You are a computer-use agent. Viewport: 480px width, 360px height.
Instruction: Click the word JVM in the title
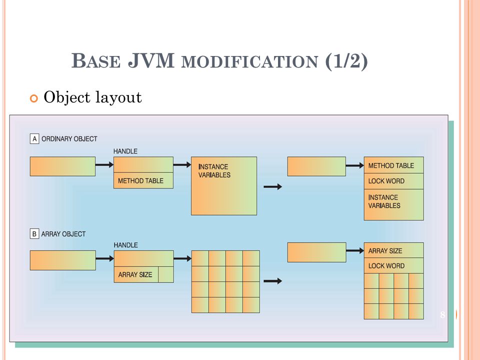coord(151,60)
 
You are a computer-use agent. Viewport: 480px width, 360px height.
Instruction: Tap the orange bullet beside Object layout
coord(33,98)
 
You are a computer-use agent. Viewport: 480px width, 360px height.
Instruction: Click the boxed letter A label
coord(34,139)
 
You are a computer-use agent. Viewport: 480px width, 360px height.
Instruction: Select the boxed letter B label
coord(34,234)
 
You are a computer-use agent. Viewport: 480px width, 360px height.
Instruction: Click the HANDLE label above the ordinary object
coord(125,151)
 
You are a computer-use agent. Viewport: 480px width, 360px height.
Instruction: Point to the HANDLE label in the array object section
coord(125,245)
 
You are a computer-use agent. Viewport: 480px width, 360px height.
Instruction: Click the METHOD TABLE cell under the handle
coord(143,180)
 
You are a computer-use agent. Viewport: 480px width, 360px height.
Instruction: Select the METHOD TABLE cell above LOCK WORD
coord(393,165)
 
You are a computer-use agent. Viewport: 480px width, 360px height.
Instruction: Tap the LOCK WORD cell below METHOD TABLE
coord(393,181)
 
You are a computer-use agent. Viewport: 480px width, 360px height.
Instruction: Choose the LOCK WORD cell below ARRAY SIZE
coord(393,265)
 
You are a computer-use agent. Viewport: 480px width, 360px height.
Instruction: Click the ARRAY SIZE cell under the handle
coord(136,274)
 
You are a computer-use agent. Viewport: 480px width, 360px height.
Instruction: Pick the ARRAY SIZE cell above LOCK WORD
coord(393,250)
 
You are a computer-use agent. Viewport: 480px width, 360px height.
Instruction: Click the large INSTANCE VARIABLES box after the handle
coord(224,186)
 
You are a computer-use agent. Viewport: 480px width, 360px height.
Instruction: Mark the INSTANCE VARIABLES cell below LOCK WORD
coord(393,205)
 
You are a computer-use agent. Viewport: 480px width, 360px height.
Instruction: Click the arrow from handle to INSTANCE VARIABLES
coord(182,165)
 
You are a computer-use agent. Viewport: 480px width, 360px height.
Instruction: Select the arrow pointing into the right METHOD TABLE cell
coord(355,165)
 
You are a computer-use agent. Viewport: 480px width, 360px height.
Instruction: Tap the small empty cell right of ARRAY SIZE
coord(166,274)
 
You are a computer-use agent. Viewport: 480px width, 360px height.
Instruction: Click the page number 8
coord(442,314)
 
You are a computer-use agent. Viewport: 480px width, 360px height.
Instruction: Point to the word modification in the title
coord(250,61)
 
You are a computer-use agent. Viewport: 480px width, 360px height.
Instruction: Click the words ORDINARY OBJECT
coord(69,139)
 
